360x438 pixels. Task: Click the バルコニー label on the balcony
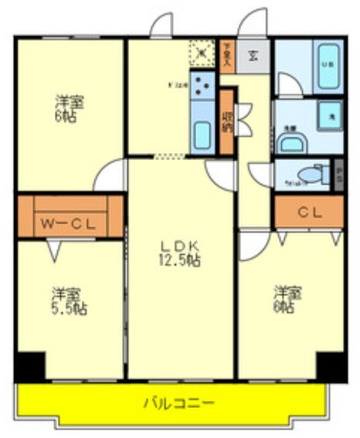pos(178,402)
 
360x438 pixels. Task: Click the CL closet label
pos(308,210)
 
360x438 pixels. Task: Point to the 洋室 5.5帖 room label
pos(70,301)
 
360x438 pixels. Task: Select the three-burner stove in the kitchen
pos(204,85)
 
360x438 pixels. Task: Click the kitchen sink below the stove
pos(202,135)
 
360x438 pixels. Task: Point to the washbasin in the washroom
pos(291,141)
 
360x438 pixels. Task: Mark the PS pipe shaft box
pos(338,174)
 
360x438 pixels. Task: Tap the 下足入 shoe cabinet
pos(226,56)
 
